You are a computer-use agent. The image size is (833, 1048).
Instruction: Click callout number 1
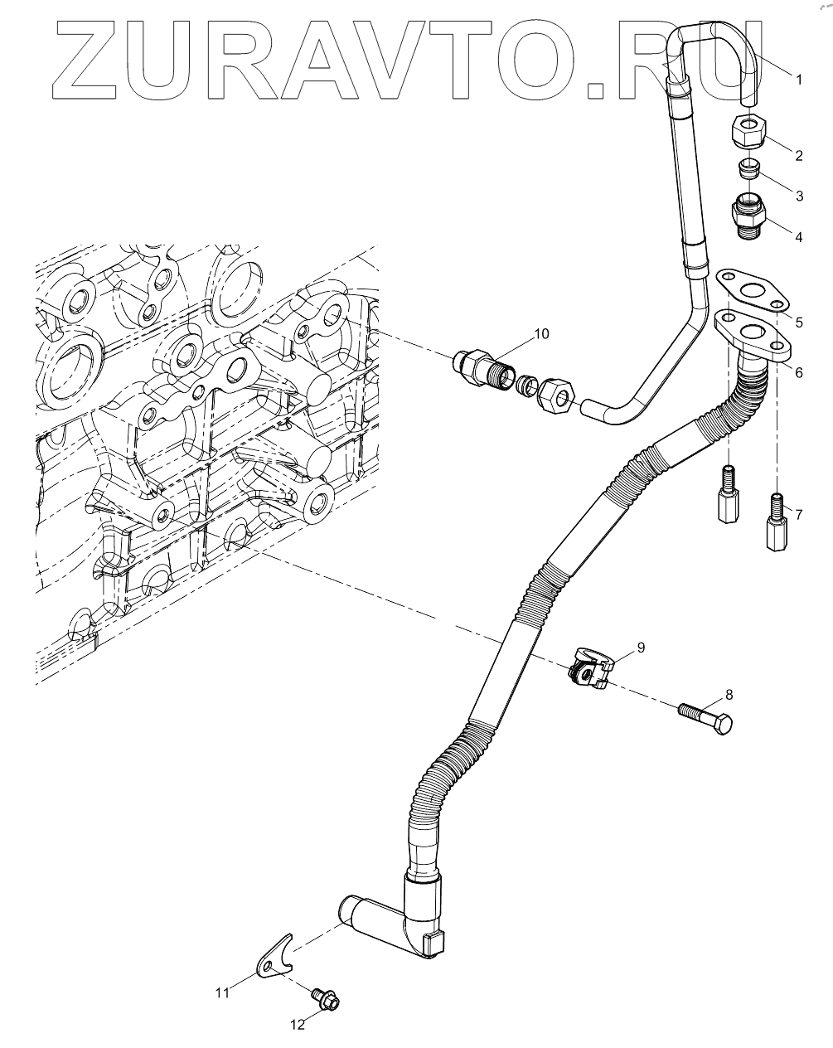pyautogui.click(x=798, y=80)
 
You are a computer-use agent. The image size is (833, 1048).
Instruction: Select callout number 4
pyautogui.click(x=798, y=237)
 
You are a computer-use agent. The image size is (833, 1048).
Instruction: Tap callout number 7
pyautogui.click(x=798, y=515)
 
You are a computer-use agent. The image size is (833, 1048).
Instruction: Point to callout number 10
pyautogui.click(x=540, y=333)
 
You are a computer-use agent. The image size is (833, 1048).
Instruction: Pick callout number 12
pyautogui.click(x=297, y=1025)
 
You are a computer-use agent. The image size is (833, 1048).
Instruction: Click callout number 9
pyautogui.click(x=640, y=645)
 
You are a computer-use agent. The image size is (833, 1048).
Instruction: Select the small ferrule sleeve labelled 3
pyautogui.click(x=749, y=169)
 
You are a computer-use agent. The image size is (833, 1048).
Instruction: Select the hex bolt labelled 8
pyautogui.click(x=706, y=718)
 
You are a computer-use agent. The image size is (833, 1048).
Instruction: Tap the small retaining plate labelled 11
pyautogui.click(x=274, y=958)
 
